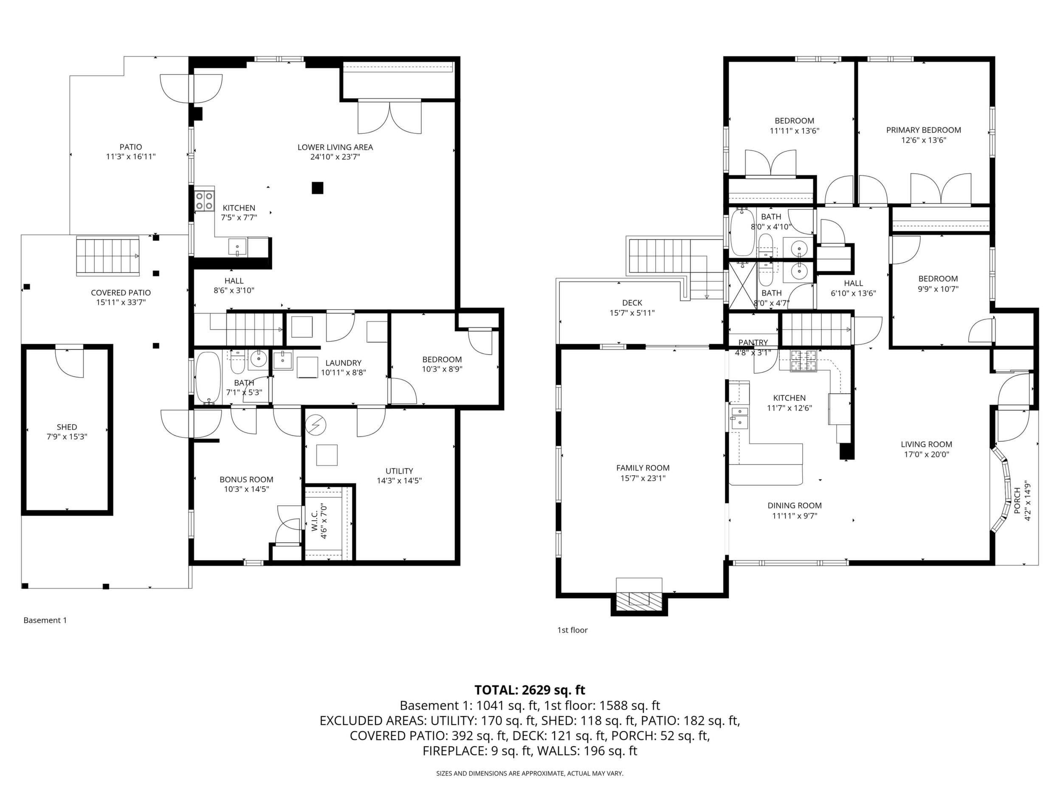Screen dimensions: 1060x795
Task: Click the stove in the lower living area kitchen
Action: [x=204, y=200]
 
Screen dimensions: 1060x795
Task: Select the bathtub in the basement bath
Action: [x=208, y=378]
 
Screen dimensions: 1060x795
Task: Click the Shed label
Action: [x=67, y=427]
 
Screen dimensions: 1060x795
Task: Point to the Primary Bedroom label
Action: [x=923, y=130]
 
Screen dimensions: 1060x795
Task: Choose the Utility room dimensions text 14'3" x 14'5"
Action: [x=399, y=481]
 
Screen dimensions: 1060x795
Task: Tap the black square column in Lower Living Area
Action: [x=317, y=188]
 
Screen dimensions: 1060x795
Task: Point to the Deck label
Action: [x=632, y=303]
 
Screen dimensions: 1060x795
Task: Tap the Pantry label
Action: [x=753, y=342]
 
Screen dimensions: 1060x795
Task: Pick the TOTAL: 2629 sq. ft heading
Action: [x=530, y=690]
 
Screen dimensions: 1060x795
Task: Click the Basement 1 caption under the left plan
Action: [x=45, y=620]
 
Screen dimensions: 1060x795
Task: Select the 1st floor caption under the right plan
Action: [x=572, y=630]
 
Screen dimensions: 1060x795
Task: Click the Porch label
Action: [x=1017, y=501]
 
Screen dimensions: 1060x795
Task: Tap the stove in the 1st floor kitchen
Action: [x=803, y=361]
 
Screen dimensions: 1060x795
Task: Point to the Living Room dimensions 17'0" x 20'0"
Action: [x=926, y=454]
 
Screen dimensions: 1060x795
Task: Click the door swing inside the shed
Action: [x=70, y=362]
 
